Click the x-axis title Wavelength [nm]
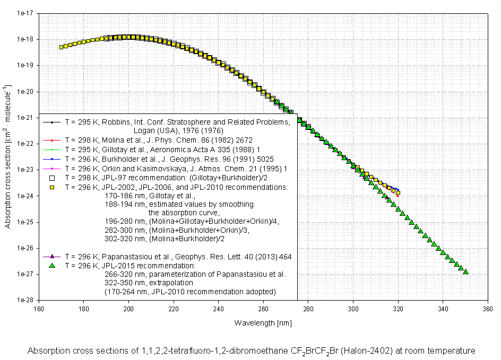point(263,322)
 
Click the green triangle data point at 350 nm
point(465,271)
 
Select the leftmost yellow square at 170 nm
point(62,47)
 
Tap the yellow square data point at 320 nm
point(398,193)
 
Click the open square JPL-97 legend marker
point(52,178)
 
